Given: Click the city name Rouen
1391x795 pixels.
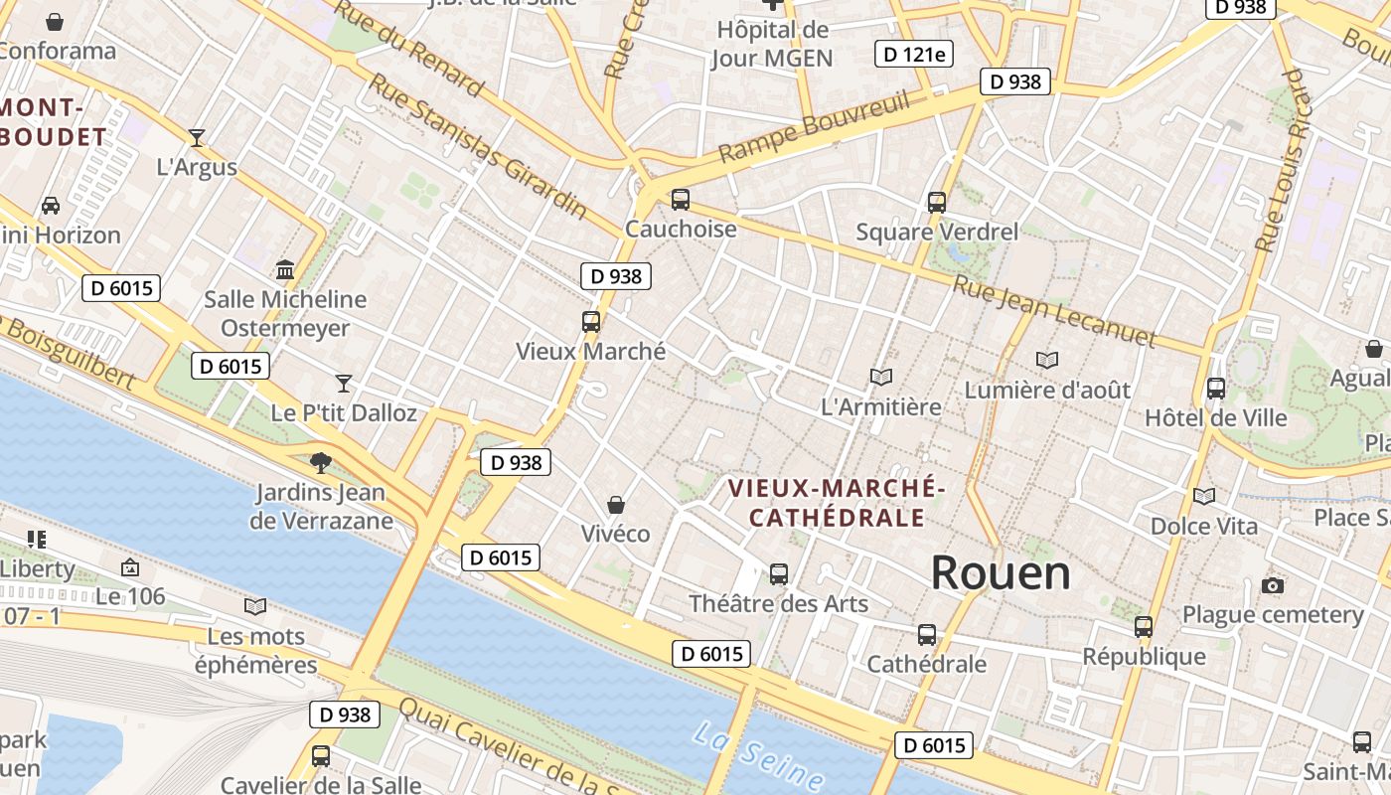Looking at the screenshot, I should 1001,573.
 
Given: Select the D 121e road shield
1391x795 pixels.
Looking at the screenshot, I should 913,54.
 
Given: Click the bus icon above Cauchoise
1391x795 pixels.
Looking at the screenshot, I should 681,200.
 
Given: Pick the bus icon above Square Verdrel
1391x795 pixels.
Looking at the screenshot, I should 937,203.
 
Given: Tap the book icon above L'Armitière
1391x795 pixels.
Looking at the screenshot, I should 880,377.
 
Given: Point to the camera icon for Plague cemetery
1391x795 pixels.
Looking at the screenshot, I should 1272,585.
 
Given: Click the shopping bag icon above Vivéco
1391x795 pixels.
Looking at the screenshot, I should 616,505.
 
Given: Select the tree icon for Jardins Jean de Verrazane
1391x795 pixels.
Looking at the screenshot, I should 320,462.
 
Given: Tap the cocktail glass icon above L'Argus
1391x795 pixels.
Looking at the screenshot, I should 197,137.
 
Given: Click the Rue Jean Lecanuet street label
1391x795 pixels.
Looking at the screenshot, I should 1054,312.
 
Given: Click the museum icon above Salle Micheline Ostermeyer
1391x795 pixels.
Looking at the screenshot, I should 285,269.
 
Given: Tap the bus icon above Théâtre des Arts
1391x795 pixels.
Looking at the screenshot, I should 779,574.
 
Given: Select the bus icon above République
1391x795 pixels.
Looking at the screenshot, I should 1144,627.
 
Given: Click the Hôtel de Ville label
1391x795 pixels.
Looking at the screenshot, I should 1215,417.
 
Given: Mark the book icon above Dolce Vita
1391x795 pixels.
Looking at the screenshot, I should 1203,496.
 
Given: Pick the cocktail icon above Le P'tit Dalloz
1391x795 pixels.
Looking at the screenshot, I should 344,383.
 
